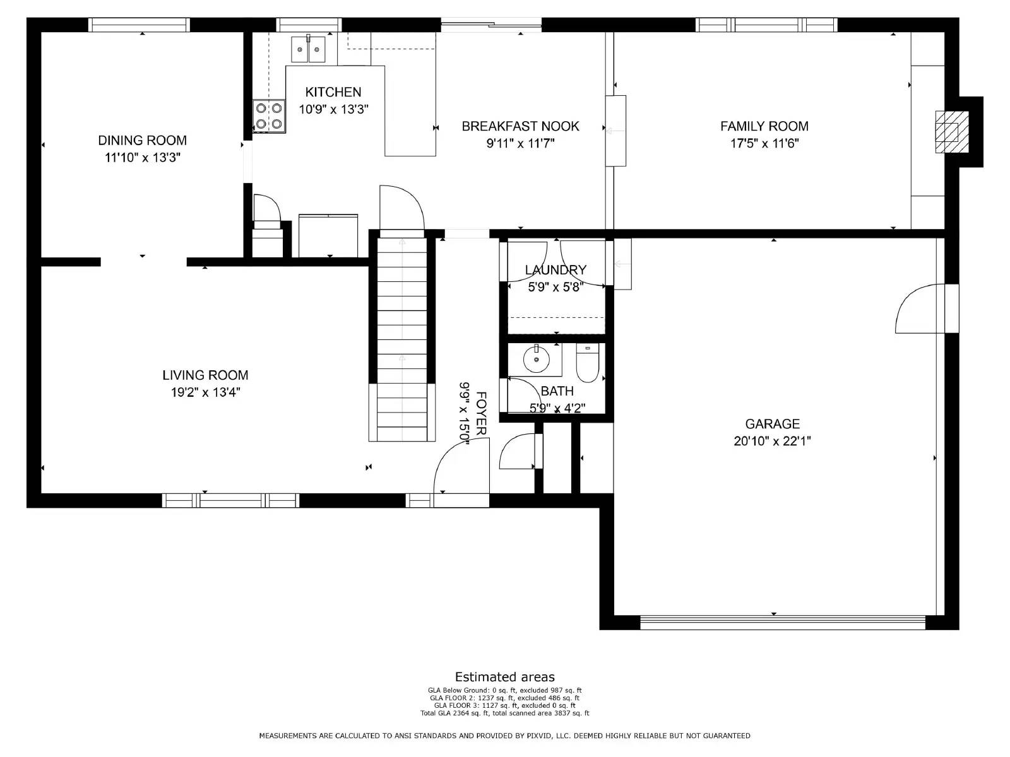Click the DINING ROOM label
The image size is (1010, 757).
(x=142, y=140)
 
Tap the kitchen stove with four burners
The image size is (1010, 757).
(x=269, y=116)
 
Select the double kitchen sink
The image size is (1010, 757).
(x=308, y=49)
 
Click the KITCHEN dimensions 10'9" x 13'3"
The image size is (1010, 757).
(x=333, y=109)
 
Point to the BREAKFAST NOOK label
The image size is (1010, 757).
(x=520, y=126)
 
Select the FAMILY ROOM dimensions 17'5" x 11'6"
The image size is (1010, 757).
(x=764, y=143)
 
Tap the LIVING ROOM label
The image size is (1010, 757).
(x=205, y=375)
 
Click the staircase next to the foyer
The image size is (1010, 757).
(x=402, y=334)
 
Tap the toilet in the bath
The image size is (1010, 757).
(x=587, y=365)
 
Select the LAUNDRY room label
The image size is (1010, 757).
(x=555, y=270)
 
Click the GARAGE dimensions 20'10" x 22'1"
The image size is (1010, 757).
(x=772, y=441)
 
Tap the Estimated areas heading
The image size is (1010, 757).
(x=504, y=677)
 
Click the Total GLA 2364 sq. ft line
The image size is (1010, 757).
(x=504, y=713)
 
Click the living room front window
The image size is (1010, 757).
(x=230, y=501)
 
